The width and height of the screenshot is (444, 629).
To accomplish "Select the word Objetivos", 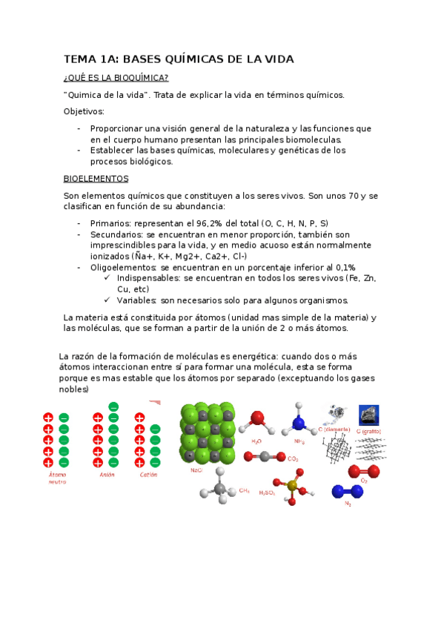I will click(84, 111).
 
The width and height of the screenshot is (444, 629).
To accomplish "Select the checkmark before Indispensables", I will click(108, 278).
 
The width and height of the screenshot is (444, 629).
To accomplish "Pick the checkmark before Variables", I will click(108, 300).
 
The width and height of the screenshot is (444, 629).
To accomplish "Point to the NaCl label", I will click(197, 470).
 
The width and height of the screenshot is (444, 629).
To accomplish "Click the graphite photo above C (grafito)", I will click(368, 415).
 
